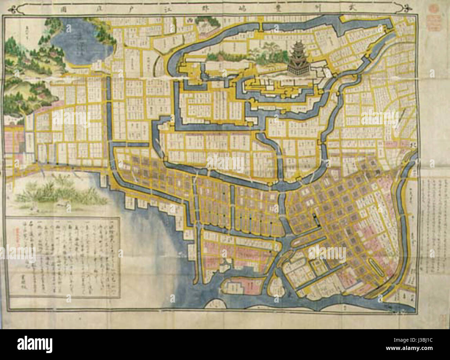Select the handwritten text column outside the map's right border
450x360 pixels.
click(x=434, y=208)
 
